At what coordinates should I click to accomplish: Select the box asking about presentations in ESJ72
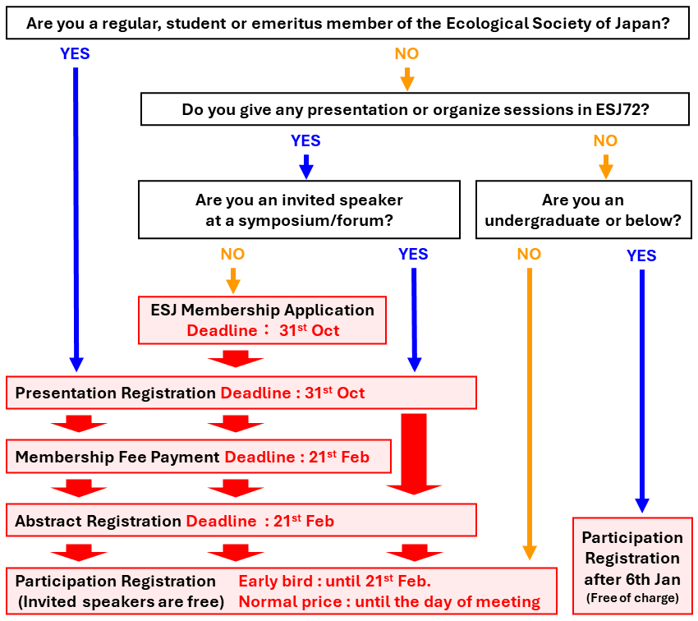415,109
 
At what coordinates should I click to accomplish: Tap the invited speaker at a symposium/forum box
299,210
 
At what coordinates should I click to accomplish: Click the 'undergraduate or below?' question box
583,210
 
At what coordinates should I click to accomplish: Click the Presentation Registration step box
241,393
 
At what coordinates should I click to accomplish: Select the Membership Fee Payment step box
198,457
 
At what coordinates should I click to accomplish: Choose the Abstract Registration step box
241,521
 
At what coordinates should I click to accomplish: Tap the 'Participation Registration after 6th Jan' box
632,566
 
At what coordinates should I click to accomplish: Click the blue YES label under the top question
75,54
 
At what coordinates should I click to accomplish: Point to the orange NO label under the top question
406,54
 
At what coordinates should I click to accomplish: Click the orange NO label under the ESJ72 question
605,141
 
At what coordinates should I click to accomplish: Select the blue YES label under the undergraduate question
641,255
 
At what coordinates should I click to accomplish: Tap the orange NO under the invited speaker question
232,254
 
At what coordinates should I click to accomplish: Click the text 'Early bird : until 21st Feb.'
335,582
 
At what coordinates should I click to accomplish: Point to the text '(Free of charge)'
632,597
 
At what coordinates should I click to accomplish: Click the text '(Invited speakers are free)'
120,601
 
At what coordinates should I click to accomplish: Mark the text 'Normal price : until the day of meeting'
389,602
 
